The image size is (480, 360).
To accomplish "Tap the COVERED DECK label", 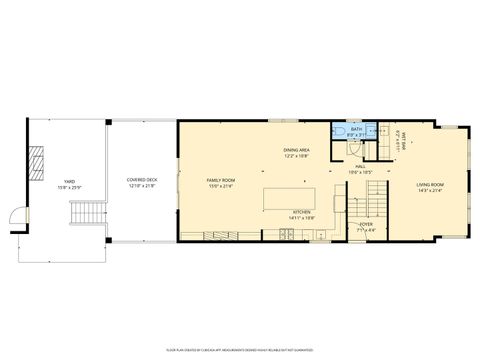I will pos(141,181).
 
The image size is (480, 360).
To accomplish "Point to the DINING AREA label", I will pos(296,150).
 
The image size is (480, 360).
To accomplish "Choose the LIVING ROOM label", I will pos(431,184).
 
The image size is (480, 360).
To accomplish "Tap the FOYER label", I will pos(366,224).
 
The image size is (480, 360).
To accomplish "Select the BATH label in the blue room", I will pos(356,129).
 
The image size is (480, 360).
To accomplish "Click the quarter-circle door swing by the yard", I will pos(17,215).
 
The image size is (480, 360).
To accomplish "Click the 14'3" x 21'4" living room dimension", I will pos(431,190).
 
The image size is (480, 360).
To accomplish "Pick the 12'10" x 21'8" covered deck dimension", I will pos(141,187).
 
